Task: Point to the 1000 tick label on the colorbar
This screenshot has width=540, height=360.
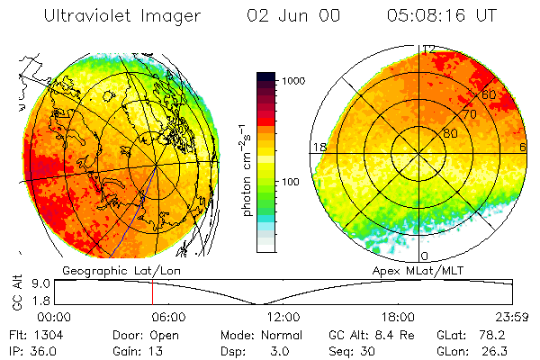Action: pyautogui.click(x=295, y=81)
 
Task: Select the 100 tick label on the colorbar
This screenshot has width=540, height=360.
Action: pyautogui.click(x=292, y=182)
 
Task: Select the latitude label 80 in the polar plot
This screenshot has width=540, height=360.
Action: pyautogui.click(x=450, y=133)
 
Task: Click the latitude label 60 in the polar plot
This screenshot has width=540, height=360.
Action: pyautogui.click(x=490, y=94)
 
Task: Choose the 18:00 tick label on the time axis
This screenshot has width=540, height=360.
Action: pyautogui.click(x=397, y=317)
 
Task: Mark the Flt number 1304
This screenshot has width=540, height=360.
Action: pyautogui.click(x=51, y=334)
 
